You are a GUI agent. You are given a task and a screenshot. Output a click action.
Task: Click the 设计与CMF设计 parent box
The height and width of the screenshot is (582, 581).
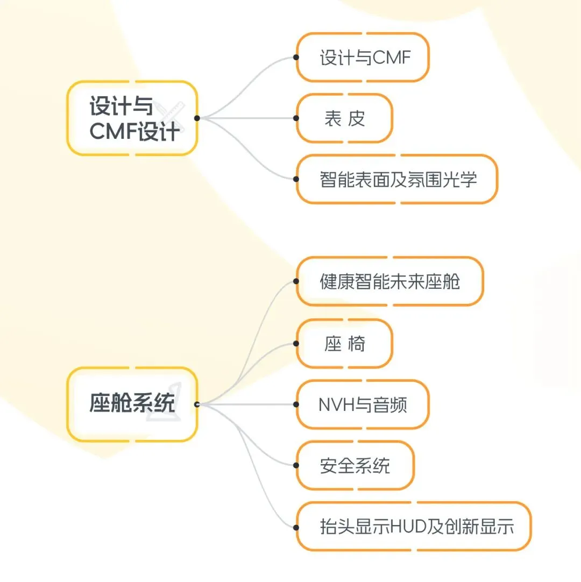132,118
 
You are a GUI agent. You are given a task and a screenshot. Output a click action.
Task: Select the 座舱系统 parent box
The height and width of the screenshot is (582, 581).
132,404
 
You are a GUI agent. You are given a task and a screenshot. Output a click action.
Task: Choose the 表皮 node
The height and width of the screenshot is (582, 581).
345,118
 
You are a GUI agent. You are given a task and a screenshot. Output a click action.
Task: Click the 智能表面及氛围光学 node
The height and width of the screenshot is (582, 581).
398,179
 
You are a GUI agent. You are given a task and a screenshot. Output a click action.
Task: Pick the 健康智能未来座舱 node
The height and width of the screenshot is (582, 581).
390,281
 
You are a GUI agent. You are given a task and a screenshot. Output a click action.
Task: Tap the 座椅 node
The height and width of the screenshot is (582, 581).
345,344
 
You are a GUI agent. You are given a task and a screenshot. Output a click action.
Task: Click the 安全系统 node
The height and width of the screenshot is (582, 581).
356,465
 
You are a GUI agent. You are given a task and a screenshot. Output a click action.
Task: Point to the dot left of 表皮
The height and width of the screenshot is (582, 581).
296,118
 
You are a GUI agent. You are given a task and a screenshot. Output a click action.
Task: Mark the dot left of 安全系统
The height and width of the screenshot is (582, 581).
296,465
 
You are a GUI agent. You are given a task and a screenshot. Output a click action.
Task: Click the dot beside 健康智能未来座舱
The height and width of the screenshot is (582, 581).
296,281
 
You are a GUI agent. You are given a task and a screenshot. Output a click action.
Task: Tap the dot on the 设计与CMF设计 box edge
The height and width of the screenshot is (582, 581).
197,118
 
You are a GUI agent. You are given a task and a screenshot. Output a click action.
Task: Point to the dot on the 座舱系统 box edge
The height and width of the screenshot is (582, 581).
197,404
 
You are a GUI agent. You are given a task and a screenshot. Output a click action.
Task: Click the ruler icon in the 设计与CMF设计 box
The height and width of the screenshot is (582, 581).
173,117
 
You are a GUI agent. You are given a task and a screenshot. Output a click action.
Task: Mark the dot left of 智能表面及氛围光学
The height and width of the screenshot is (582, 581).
296,179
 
